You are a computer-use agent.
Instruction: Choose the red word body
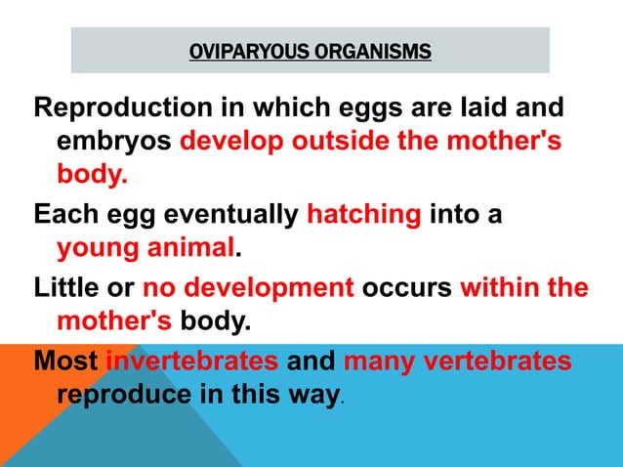click(91, 177)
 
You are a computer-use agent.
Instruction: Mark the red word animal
click(187, 249)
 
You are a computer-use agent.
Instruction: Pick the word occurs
click(407, 287)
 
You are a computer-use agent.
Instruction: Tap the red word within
click(496, 287)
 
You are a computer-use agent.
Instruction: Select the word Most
click(65, 361)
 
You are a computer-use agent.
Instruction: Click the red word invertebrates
click(191, 361)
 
